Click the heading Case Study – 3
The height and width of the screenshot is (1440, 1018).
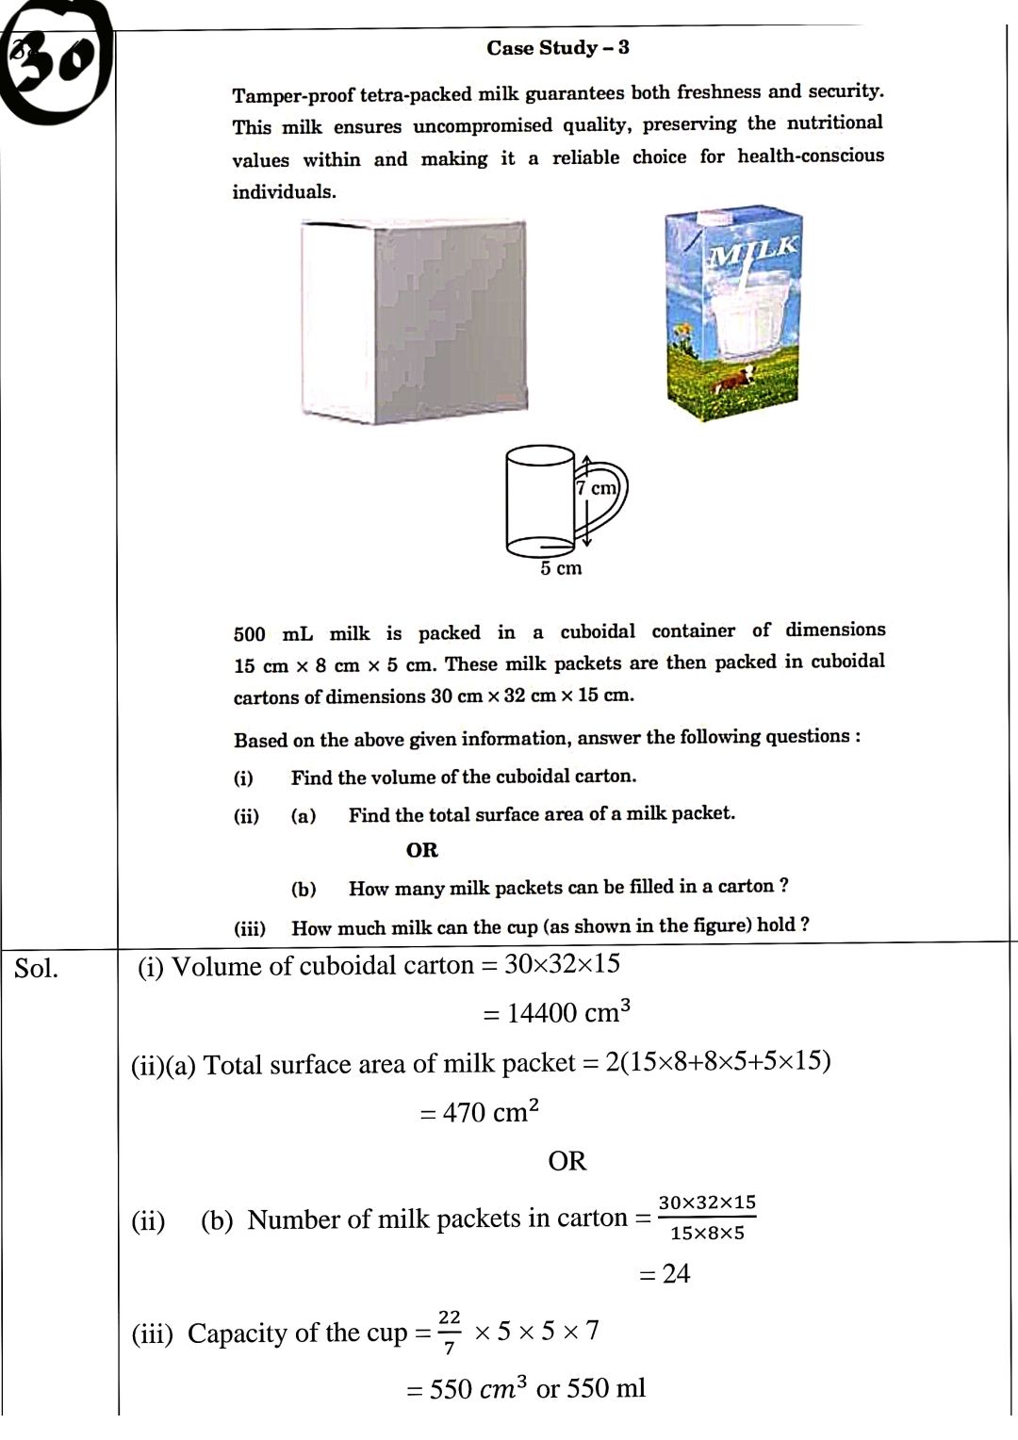point(558,48)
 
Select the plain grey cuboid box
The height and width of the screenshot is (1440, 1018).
point(413,321)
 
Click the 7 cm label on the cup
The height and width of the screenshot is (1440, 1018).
point(597,488)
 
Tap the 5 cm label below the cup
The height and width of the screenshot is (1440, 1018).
point(561,568)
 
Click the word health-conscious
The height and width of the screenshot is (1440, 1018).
point(811,155)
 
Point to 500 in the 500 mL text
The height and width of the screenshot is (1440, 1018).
point(250,634)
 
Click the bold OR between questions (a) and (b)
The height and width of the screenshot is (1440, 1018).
point(422,850)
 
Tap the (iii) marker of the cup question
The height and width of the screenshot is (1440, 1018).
point(250,928)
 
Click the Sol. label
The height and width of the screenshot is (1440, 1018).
point(36,968)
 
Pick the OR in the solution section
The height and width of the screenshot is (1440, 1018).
point(567,1161)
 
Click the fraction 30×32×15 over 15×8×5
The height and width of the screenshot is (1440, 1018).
point(707,1218)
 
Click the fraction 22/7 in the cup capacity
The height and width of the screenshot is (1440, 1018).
point(450,1332)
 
